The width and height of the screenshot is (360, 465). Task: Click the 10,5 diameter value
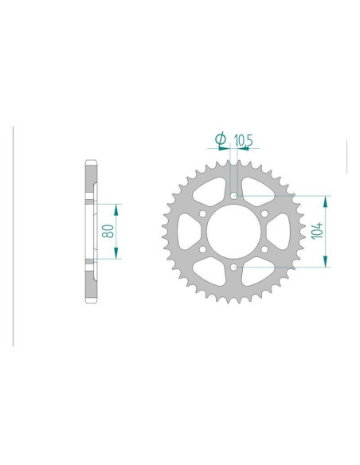click(x=244, y=140)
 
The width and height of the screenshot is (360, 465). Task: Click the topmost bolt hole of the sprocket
click(x=233, y=195)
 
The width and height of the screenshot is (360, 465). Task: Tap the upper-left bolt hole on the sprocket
click(x=202, y=213)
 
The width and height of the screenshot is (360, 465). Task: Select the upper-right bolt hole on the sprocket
click(x=264, y=213)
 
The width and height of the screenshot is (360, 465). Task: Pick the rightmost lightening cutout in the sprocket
click(x=279, y=232)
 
